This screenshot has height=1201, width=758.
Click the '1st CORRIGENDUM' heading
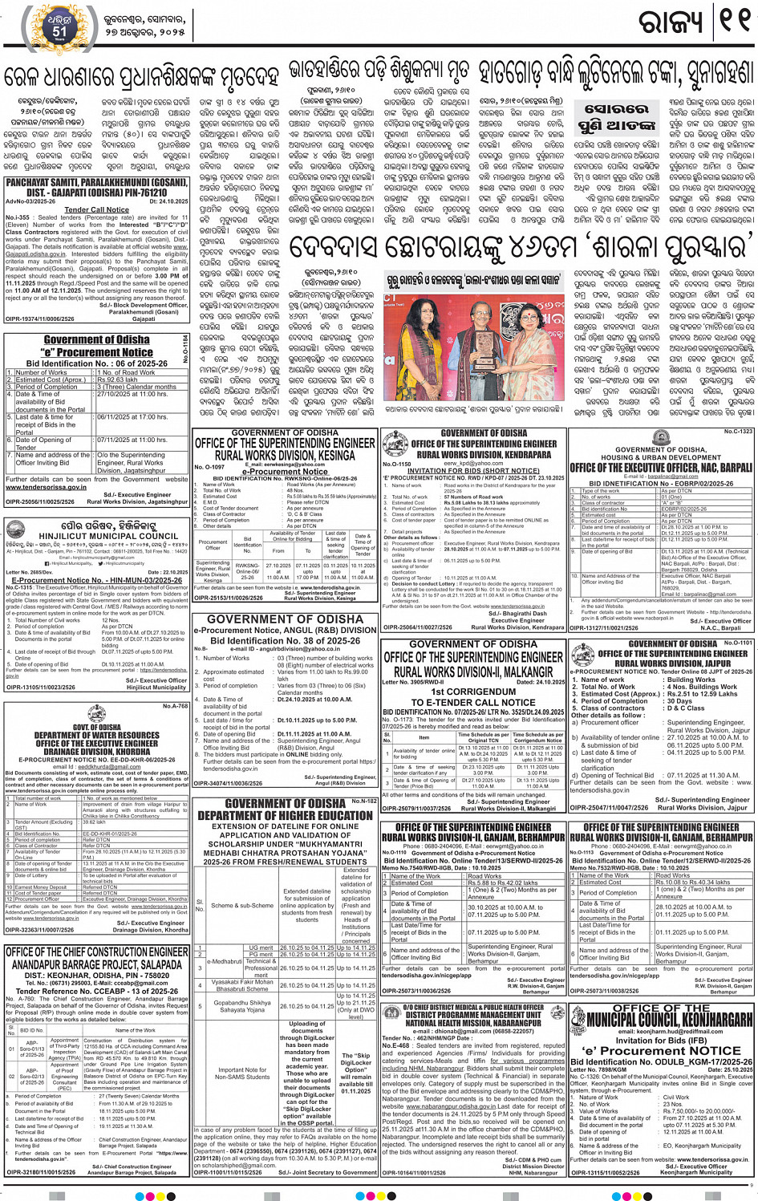[x=472, y=692]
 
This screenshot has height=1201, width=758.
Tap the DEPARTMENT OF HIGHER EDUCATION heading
[x=286, y=815]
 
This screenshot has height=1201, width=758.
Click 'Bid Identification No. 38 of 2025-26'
[x=285, y=641]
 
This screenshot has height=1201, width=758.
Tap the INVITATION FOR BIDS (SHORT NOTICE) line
[x=472, y=471]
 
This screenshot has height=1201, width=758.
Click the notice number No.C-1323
[x=738, y=432]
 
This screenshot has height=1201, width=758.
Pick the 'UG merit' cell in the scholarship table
[x=261, y=947]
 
